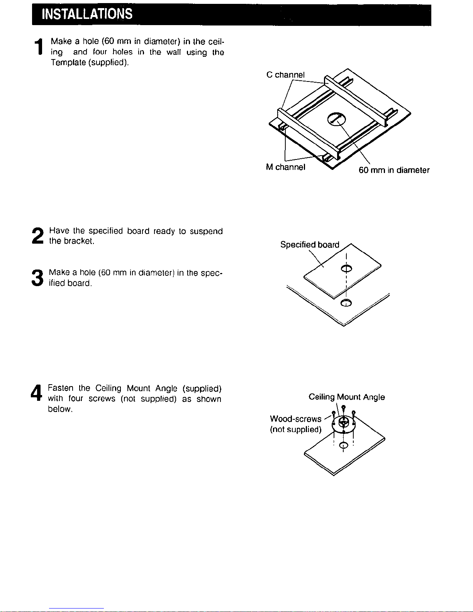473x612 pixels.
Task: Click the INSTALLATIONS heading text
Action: point(87,14)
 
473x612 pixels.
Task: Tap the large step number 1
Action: point(39,46)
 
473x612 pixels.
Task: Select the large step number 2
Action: point(38,236)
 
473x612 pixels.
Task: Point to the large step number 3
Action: point(37,278)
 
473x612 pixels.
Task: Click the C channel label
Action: point(285,75)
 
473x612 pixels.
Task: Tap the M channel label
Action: point(285,167)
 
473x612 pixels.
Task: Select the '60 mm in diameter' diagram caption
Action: point(394,170)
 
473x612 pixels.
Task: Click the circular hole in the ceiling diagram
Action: point(336,119)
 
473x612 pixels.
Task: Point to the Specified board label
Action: point(310,244)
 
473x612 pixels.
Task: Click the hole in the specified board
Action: point(346,268)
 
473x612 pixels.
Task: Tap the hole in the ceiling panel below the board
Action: point(346,303)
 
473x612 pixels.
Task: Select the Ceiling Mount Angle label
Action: point(347,397)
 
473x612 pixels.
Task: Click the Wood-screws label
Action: point(296,419)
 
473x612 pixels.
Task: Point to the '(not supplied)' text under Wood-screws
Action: point(296,429)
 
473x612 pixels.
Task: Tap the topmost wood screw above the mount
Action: point(344,410)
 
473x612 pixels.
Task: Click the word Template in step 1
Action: point(68,62)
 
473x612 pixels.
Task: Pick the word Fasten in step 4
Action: point(61,388)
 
